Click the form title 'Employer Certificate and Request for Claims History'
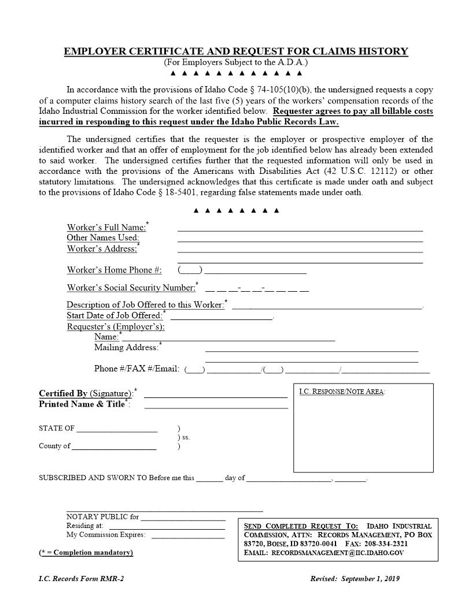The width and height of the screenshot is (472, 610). [235, 51]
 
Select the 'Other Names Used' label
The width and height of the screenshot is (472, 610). [103, 237]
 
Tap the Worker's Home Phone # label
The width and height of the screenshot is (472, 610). [114, 270]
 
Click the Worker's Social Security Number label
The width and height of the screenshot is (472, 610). [131, 288]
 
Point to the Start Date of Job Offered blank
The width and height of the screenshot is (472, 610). [221, 318]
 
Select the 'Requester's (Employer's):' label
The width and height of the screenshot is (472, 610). [116, 326]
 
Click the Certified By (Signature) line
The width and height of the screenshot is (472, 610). [215, 397]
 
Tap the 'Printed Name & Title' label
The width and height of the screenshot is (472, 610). [83, 404]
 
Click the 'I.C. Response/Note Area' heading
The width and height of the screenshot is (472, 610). [342, 392]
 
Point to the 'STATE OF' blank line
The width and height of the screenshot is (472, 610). [116, 431]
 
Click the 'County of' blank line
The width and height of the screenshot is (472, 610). [114, 448]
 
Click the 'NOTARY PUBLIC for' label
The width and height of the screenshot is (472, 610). [102, 516]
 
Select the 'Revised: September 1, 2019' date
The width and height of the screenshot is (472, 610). [355, 578]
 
